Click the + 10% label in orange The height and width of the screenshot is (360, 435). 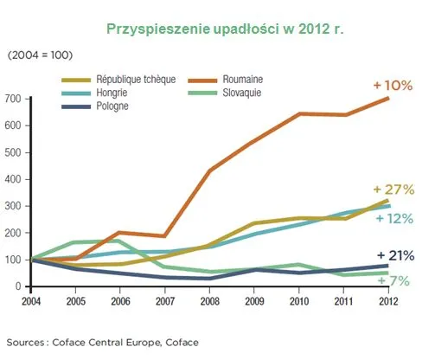(x=393, y=87)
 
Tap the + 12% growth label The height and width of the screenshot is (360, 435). (x=395, y=218)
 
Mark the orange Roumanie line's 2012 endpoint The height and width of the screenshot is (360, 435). (x=387, y=99)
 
